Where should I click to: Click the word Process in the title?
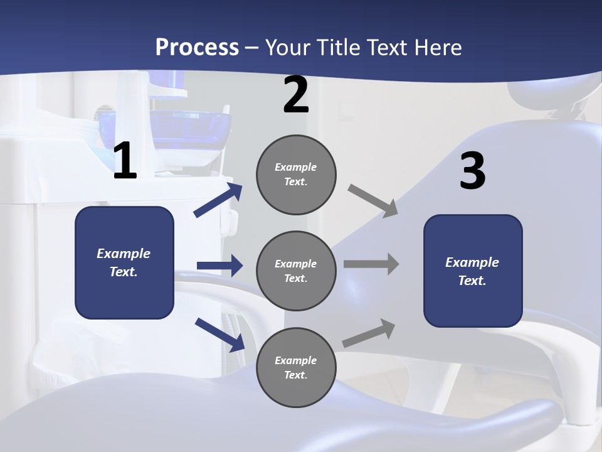pos(197,48)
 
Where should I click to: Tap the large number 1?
pos(125,162)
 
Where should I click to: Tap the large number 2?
pos(296,95)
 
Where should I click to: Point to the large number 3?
pos(472,171)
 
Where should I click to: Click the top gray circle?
pos(296,175)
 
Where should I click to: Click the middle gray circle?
pos(296,271)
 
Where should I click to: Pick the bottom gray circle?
pos(296,367)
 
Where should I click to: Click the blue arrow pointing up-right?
pos(218,200)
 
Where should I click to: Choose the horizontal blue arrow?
pos(219,266)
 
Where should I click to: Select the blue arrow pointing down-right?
pos(219,334)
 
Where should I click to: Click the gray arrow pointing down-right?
pos(373,201)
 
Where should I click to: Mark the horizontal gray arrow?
pos(371,264)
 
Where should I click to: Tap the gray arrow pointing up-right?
pos(369,333)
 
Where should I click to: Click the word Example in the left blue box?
pos(124,254)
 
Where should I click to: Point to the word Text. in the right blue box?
pos(472,281)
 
